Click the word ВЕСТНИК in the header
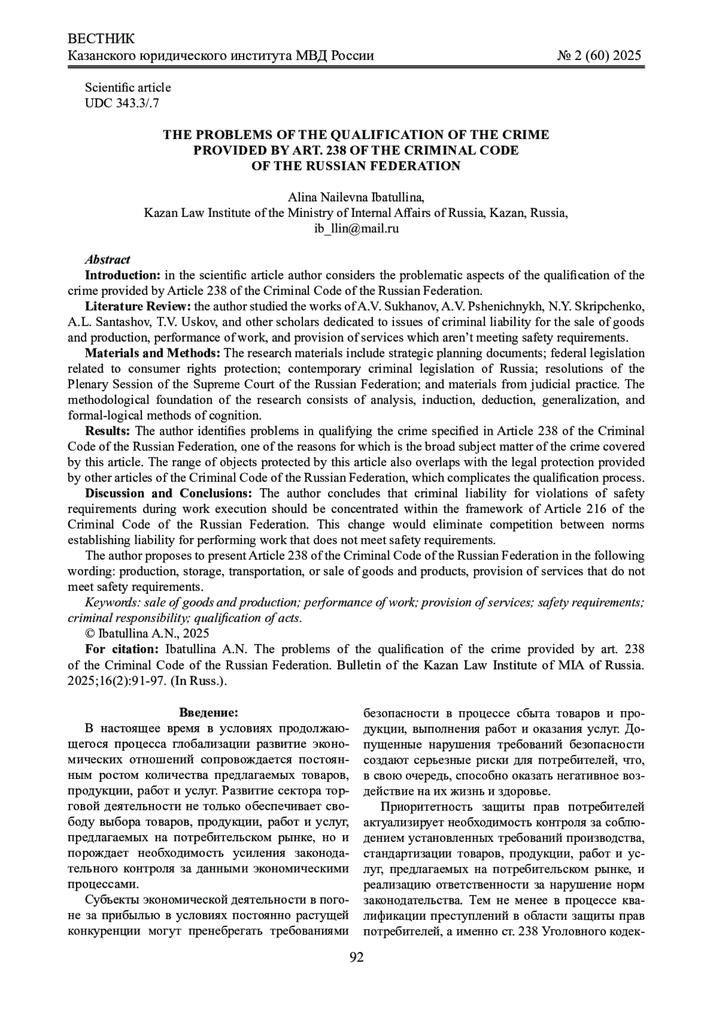point(102,39)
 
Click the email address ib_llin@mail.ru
point(356,228)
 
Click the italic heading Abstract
point(108,260)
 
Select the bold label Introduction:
point(123,275)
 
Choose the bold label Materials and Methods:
point(153,353)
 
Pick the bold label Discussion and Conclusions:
point(169,494)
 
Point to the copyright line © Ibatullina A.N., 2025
point(147,634)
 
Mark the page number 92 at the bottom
point(356,957)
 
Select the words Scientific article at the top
point(128,87)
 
